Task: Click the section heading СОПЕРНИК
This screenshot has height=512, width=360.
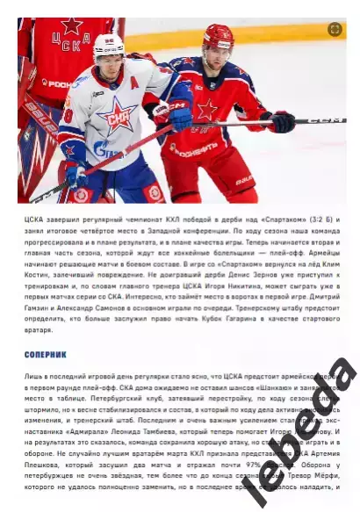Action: (45, 355)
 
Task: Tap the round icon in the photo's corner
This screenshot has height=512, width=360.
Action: (335, 29)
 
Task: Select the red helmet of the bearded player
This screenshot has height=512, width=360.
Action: (218, 37)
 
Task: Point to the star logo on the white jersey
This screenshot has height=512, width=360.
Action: (119, 115)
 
